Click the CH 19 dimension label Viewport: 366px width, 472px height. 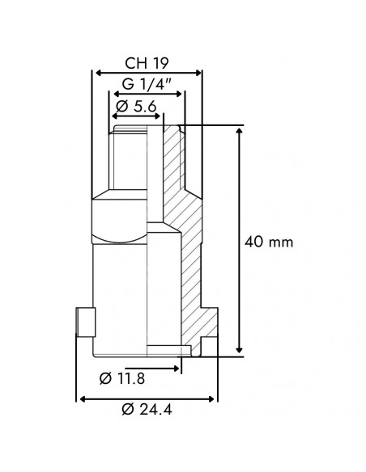(x=147, y=63)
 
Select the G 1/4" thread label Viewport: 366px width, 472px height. (x=147, y=85)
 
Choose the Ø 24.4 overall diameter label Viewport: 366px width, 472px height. (x=147, y=410)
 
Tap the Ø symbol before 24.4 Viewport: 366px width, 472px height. (x=127, y=410)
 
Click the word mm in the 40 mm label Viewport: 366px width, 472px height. (x=282, y=242)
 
